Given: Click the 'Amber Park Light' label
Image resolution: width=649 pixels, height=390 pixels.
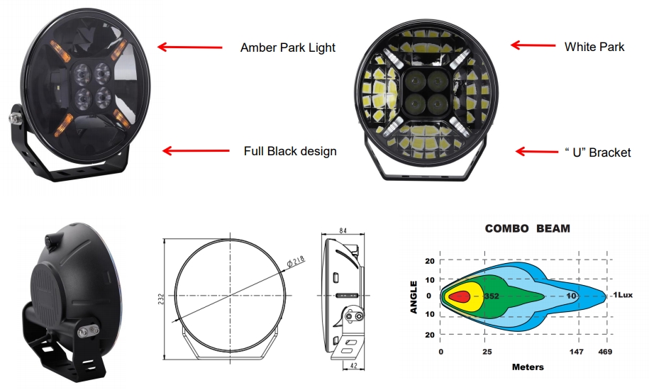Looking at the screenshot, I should [x=287, y=48].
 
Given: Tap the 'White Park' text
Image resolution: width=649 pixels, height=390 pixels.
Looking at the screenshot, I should [x=594, y=47].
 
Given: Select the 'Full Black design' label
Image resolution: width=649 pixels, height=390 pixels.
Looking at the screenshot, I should [x=290, y=151].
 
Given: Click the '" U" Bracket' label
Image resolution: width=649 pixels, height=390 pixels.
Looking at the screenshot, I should [x=597, y=152].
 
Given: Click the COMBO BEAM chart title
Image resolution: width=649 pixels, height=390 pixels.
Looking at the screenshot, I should [x=527, y=229].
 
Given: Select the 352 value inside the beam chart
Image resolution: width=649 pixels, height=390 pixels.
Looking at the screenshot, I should [x=492, y=295].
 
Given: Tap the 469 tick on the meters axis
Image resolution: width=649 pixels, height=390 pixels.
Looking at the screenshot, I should [x=605, y=351].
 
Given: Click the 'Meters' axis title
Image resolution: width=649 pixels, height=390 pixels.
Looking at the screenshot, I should [x=528, y=367].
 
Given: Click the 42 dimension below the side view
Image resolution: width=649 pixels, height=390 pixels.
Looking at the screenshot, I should [x=353, y=367].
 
